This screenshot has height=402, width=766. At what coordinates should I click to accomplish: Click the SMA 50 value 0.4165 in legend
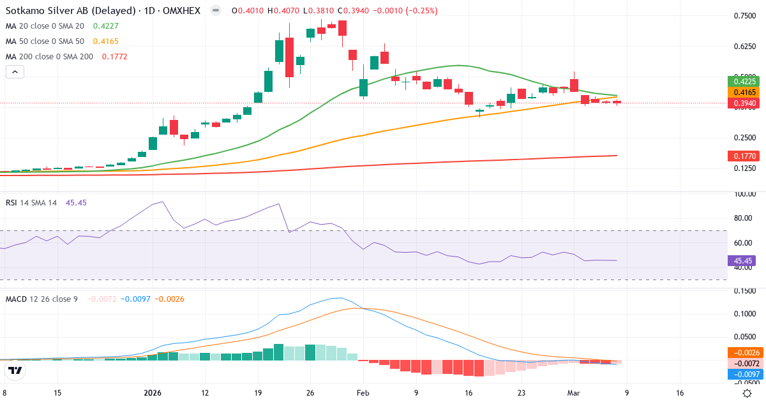coord(105,41)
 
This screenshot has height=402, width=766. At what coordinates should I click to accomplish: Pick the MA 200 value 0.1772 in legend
coord(110,57)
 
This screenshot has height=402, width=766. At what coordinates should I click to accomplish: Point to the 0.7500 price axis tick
coord(745,16)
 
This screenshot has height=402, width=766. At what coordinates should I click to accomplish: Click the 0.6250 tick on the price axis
coord(745,47)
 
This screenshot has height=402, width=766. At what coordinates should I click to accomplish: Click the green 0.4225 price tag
coord(745,81)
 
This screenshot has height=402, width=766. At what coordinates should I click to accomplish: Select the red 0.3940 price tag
coord(745,103)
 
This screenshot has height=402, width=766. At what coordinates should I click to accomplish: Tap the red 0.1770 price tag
coord(745,156)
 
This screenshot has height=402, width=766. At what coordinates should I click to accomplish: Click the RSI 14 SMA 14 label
coord(31,202)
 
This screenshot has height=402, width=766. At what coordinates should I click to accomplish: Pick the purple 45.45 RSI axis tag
coord(742,260)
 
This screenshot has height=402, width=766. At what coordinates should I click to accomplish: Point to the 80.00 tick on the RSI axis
coord(742,218)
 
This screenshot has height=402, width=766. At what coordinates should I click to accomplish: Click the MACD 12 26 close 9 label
coord(41,299)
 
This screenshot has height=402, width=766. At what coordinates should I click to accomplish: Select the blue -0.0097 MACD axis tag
coord(744,374)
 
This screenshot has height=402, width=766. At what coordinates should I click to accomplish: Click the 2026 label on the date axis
coord(154,393)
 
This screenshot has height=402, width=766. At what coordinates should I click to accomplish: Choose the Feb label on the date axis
coord(363,393)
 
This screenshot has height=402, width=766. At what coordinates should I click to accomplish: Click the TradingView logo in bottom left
coord(15,370)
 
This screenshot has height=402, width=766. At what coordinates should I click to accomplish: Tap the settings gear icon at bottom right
coord(747,393)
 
